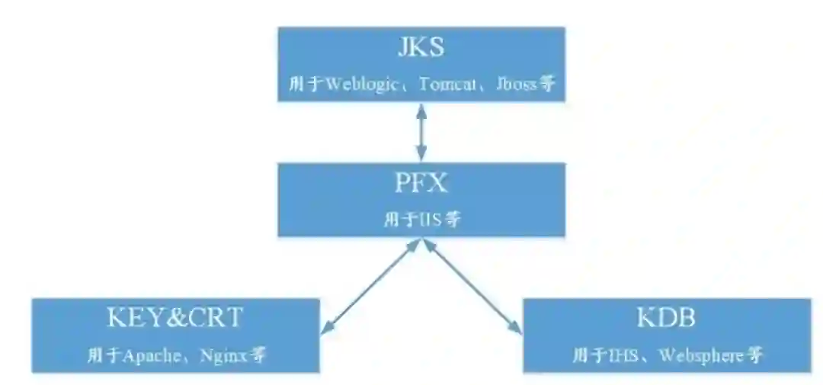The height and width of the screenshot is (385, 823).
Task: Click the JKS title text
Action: [x=421, y=47]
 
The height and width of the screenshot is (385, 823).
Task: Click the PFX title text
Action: [x=421, y=184]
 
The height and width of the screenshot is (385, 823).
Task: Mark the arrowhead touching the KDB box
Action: [x=517, y=329]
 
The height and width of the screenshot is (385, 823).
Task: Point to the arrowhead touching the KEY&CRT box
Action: [x=326, y=329]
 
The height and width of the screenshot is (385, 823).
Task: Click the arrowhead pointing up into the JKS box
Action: [x=421, y=107]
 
